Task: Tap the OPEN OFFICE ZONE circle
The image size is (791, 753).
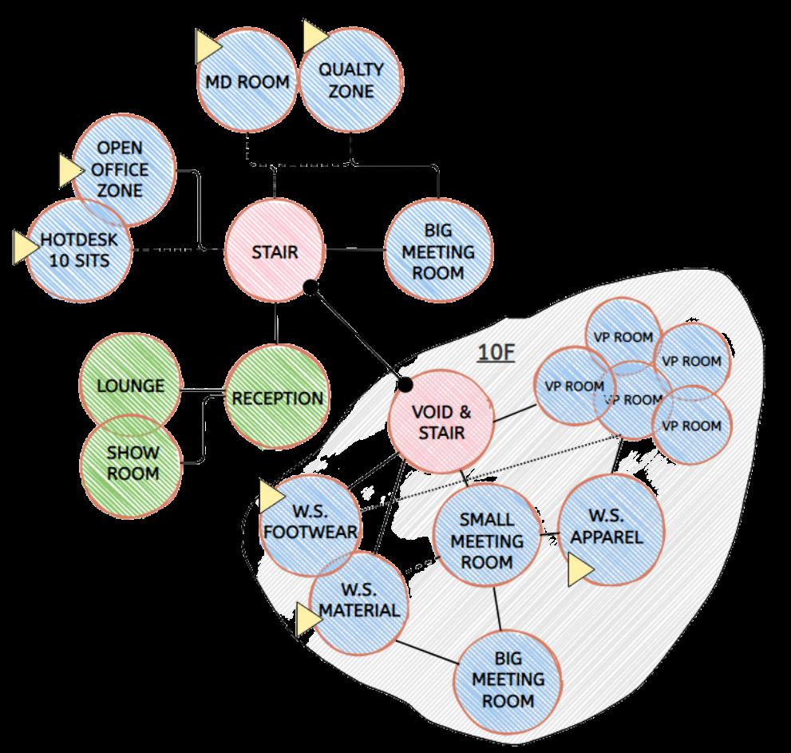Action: (122, 169)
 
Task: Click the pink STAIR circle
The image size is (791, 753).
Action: (275, 252)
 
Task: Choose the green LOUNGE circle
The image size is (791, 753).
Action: (130, 386)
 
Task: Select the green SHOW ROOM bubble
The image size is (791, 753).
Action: (132, 463)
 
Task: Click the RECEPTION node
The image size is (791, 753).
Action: (277, 398)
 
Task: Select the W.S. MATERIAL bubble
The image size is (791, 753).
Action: (358, 601)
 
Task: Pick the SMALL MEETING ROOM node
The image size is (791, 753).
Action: (487, 541)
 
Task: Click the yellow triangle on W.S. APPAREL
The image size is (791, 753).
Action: (580, 571)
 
